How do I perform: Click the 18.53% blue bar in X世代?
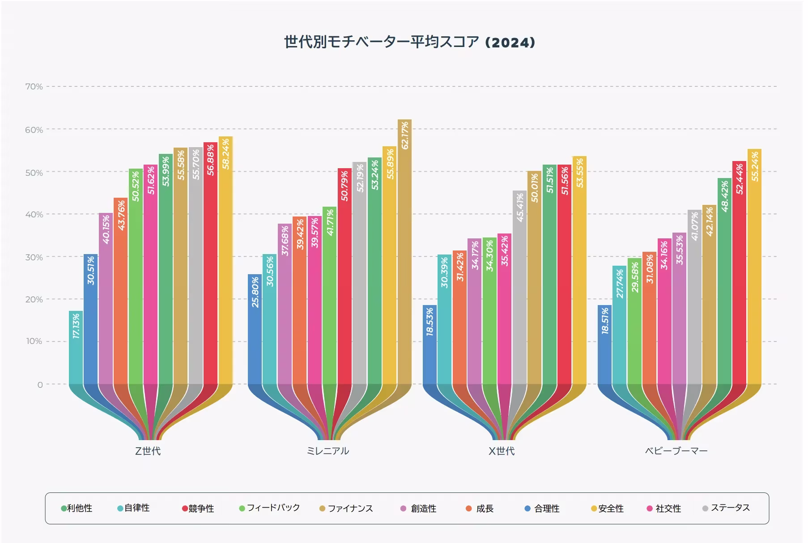[x=430, y=344]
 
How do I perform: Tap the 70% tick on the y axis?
[x=34, y=87]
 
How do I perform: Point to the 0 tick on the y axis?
[x=40, y=385]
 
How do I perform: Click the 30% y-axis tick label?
[x=34, y=257]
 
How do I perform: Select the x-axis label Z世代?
[x=148, y=451]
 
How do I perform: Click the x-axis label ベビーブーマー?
[x=676, y=451]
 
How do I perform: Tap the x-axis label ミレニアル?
[x=327, y=451]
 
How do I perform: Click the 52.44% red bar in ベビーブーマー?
[x=739, y=273]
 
